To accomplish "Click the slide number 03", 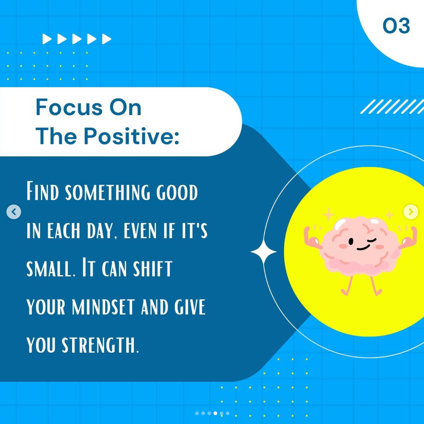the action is (x=396, y=26).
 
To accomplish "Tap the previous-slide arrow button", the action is (x=14, y=212).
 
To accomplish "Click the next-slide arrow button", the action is (x=411, y=212).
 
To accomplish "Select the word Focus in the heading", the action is (x=69, y=107).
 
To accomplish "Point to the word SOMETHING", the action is (x=108, y=193).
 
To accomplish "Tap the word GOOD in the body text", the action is (x=177, y=193).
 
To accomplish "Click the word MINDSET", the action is (x=103, y=307).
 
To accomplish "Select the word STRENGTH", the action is (x=100, y=345).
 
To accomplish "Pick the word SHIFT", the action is (x=153, y=269).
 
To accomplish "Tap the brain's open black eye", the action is (x=351, y=241).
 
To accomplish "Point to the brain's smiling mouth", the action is (x=363, y=248).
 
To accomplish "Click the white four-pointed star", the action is (x=263, y=252).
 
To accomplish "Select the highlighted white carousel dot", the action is (x=215, y=413).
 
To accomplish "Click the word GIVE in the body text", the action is (x=190, y=307).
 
